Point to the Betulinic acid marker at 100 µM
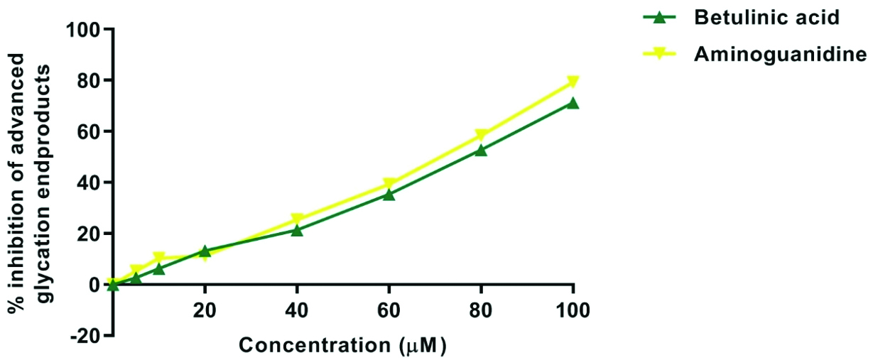[x=573, y=103]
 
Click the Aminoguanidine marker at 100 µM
[x=573, y=82]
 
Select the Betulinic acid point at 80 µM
[x=481, y=150]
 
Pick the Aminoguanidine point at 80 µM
[x=481, y=135]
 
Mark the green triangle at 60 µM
[x=389, y=194]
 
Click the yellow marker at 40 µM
[x=297, y=219]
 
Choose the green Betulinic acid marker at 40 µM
[x=297, y=230]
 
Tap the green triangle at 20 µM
[x=205, y=251]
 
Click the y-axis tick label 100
[x=84, y=30]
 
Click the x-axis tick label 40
[x=297, y=311]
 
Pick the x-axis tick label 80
[x=481, y=311]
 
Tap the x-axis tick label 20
[x=205, y=311]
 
